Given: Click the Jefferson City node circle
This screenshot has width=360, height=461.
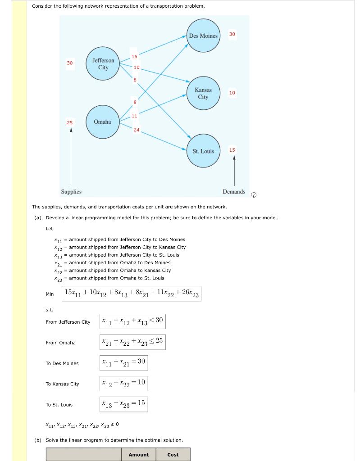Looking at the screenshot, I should [x=103, y=64].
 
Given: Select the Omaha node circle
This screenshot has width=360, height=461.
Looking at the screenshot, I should [x=102, y=122].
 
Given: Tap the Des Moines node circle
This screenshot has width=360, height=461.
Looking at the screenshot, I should [x=203, y=36].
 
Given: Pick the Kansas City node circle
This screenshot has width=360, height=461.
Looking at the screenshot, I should [x=203, y=93].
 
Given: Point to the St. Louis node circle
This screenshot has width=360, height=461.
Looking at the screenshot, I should [x=203, y=151].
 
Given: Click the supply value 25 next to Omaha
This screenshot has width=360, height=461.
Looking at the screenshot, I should [x=70, y=122].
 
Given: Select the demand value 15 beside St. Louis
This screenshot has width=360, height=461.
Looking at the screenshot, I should [x=232, y=150].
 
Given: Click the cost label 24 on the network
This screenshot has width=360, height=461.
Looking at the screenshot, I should [x=137, y=130].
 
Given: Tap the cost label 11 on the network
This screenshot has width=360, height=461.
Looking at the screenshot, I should [x=134, y=116].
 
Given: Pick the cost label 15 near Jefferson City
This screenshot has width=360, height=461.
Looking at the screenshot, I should [x=134, y=56].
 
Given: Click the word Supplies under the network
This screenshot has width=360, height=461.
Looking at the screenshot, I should [x=71, y=192].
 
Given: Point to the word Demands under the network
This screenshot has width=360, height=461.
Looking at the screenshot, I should [x=234, y=192].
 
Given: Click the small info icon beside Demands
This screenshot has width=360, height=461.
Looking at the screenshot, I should [x=254, y=195].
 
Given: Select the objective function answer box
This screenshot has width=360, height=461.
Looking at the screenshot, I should [x=132, y=294].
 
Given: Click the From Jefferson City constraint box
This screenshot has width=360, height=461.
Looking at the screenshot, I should [x=132, y=321].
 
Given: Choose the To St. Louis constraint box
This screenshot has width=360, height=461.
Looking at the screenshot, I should [x=123, y=404].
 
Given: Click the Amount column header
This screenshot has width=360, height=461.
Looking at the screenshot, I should [x=138, y=455].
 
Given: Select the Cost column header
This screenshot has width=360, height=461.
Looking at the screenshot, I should [x=173, y=455].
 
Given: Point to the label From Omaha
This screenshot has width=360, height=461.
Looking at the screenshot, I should [x=61, y=343].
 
